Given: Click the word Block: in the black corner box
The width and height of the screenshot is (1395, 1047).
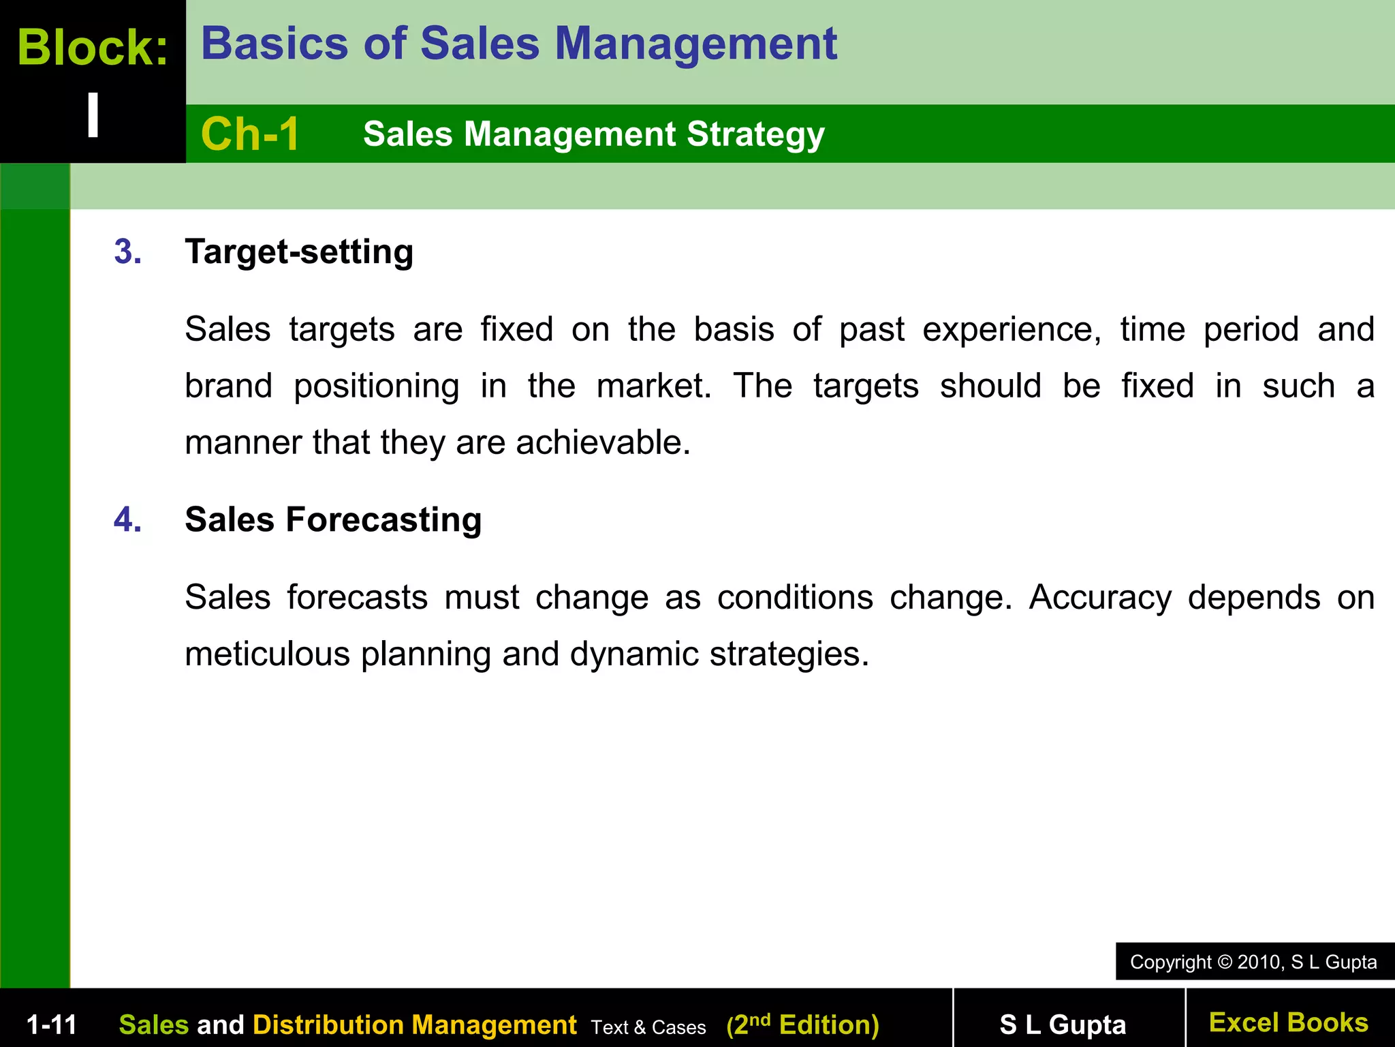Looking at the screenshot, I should pyautogui.click(x=93, y=48).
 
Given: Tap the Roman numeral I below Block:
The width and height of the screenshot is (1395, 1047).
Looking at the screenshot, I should pyautogui.click(x=93, y=115).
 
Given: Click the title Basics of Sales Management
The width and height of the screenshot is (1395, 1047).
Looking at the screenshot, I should pyautogui.click(x=519, y=44).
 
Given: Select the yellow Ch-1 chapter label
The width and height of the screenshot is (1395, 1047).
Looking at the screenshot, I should pyautogui.click(x=250, y=134).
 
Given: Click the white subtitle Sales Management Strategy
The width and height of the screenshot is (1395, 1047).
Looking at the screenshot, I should pyautogui.click(x=594, y=134).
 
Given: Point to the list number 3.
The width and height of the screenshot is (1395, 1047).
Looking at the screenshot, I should pyautogui.click(x=128, y=252).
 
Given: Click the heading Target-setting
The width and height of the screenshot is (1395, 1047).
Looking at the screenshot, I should pyautogui.click(x=299, y=252).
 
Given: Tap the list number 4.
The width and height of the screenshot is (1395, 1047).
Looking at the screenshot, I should pyautogui.click(x=128, y=519).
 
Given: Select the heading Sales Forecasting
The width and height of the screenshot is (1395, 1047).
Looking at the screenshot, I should pyautogui.click(x=333, y=519).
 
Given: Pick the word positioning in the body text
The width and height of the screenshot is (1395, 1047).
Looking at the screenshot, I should pyautogui.click(x=377, y=386).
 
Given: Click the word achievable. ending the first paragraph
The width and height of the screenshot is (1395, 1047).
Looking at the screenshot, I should pyautogui.click(x=603, y=442).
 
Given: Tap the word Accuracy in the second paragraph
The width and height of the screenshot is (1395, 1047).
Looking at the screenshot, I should pyautogui.click(x=1100, y=598).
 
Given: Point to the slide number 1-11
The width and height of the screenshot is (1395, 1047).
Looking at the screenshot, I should pyautogui.click(x=52, y=1025).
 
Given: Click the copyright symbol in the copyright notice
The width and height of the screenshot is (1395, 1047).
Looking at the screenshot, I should pyautogui.click(x=1225, y=962).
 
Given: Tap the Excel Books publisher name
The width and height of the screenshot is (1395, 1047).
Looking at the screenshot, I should pyautogui.click(x=1288, y=1022).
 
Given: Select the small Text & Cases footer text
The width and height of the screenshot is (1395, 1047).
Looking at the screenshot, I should pyautogui.click(x=648, y=1027).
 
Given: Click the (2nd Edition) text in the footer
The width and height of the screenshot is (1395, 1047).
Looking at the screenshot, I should pyautogui.click(x=802, y=1025).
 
